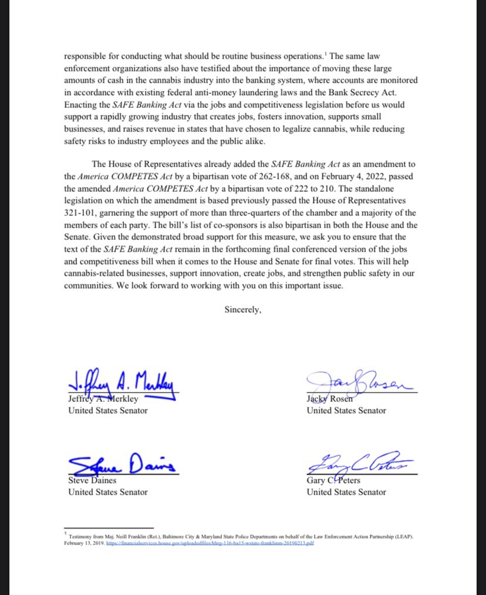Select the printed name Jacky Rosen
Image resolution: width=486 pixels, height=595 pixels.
330,400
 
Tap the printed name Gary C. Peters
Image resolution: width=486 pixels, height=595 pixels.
333,481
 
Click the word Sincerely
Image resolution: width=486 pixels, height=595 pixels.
243,310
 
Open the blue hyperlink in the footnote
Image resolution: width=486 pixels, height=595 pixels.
211,543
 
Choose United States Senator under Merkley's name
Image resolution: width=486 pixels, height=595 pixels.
108,411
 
